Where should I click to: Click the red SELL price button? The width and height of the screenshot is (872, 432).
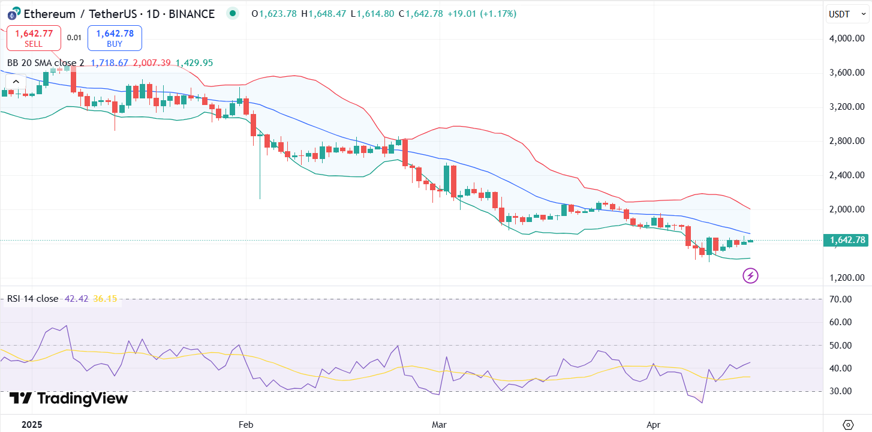34,38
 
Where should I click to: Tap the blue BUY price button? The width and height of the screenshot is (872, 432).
115,38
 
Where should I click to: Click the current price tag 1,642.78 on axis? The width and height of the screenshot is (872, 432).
847,241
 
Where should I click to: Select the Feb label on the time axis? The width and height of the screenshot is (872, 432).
246,425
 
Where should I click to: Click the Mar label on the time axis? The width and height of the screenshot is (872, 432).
440,425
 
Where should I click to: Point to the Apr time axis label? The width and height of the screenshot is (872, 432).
654,425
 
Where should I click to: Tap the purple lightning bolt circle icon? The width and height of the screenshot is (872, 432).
750,276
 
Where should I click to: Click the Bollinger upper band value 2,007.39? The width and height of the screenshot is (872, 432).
152,63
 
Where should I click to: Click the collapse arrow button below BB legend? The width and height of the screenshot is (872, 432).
16,82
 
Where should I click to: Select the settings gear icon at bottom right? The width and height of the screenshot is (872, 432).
848,425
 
